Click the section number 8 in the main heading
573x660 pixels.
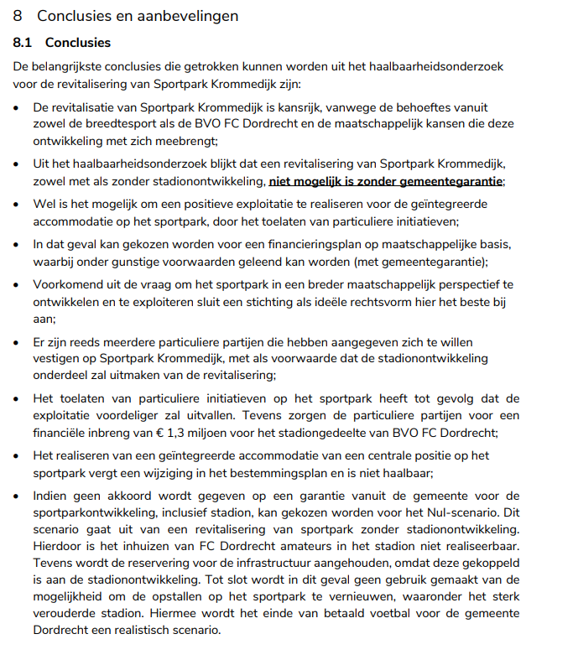click(x=18, y=16)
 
